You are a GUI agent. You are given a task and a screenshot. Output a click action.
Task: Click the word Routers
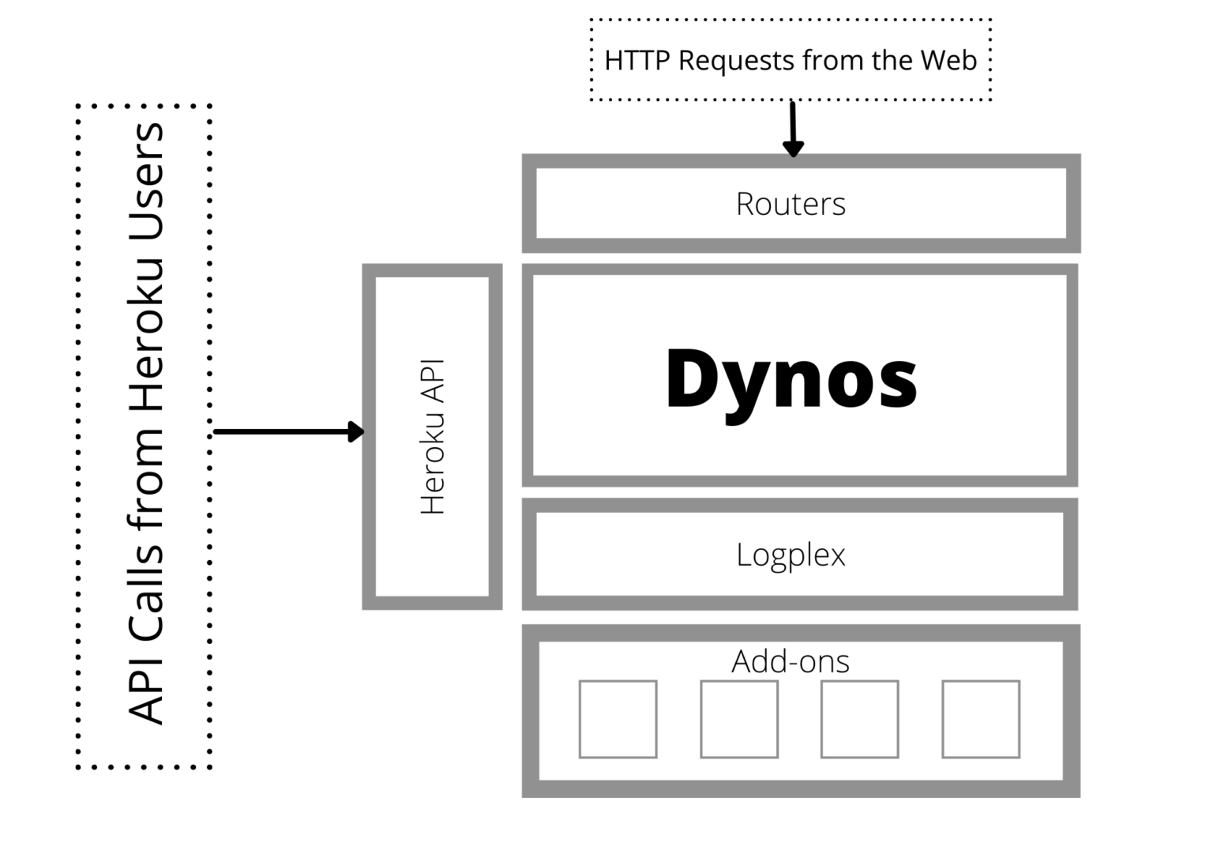pos(791,204)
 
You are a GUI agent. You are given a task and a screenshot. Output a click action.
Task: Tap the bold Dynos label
pos(791,381)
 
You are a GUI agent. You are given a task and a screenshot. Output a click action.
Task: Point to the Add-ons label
pos(791,661)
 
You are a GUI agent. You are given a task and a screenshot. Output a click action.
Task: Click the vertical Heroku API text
pos(433,437)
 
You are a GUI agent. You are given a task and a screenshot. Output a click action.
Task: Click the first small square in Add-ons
pos(618,719)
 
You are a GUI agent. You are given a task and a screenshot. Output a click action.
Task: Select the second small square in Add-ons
pos(739,719)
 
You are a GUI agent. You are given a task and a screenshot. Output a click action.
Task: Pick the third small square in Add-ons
pos(860,719)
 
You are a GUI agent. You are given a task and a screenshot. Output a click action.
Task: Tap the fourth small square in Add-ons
pos(982,719)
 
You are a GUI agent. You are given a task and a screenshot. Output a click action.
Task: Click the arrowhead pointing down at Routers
pos(794,149)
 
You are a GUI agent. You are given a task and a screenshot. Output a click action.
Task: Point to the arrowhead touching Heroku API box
pos(356,431)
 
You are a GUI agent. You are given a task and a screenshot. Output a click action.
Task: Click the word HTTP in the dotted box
pos(637,60)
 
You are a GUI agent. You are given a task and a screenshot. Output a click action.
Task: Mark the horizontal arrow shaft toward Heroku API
pos(282,431)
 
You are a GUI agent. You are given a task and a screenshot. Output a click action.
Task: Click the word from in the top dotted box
pos(833,60)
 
